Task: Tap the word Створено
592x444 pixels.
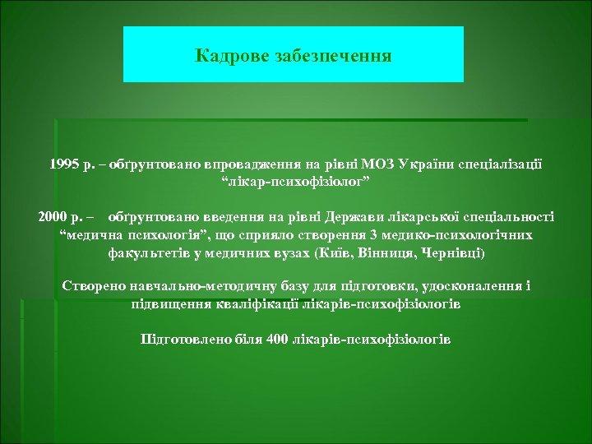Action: point(95,287)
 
